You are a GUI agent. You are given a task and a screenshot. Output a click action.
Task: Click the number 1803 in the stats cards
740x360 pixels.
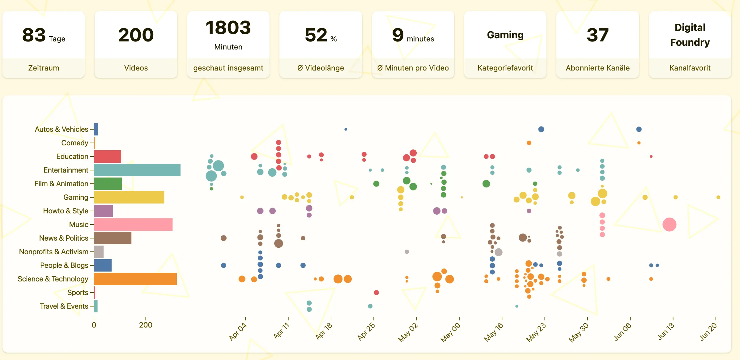pyautogui.click(x=228, y=28)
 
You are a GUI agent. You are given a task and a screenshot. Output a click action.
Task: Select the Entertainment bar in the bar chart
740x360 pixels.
pyautogui.click(x=137, y=170)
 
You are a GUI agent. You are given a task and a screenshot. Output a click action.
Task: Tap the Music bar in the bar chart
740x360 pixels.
pyautogui.click(x=133, y=225)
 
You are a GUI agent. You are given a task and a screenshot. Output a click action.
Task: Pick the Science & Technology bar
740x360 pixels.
pyautogui.click(x=135, y=279)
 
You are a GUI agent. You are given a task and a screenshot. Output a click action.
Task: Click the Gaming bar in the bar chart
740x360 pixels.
pyautogui.click(x=129, y=197)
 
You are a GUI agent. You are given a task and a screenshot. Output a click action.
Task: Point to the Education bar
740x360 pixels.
pyautogui.click(x=108, y=156)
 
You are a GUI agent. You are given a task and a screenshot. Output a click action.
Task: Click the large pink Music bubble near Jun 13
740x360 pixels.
pyautogui.click(x=669, y=225)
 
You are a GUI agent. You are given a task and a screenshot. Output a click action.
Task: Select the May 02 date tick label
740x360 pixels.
pyautogui.click(x=408, y=332)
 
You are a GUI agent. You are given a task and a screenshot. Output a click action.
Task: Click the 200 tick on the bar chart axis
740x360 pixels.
pyautogui.click(x=146, y=325)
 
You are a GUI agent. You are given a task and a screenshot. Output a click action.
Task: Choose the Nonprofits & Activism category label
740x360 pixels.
pyautogui.click(x=54, y=252)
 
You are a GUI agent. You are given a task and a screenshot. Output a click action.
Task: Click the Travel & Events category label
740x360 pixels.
pyautogui.click(x=64, y=306)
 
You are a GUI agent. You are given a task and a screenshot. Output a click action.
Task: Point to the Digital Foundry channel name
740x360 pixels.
pyautogui.click(x=690, y=35)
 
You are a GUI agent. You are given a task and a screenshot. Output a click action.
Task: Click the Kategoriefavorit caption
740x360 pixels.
pyautogui.click(x=505, y=68)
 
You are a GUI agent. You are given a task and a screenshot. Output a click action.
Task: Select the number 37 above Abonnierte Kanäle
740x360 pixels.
pyautogui.click(x=598, y=35)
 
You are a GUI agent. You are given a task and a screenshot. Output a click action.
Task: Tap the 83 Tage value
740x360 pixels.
pyautogui.click(x=44, y=35)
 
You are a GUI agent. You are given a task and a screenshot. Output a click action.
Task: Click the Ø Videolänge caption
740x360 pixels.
pyautogui.click(x=321, y=68)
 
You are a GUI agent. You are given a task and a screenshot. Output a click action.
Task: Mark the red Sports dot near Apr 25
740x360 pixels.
pyautogui.click(x=376, y=293)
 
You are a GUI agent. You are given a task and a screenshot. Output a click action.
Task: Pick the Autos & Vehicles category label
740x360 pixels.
pyautogui.click(x=62, y=129)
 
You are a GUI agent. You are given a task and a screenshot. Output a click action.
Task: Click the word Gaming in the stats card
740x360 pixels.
pyautogui.click(x=505, y=35)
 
